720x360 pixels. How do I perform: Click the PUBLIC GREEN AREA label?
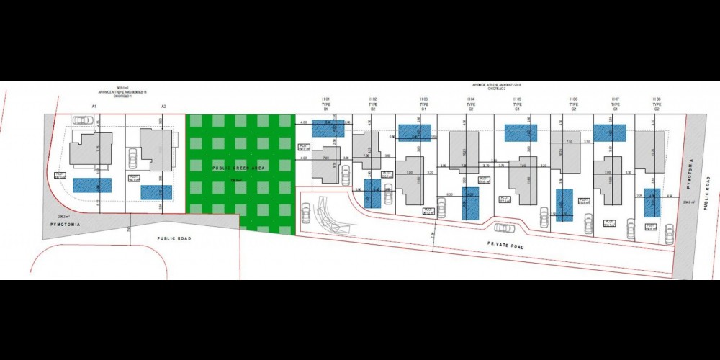point(238,167)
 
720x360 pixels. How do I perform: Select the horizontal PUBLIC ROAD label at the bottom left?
point(174,237)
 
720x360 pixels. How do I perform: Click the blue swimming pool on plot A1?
point(92,185)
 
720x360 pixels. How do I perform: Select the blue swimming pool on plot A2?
point(156,192)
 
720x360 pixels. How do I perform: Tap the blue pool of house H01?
point(328,128)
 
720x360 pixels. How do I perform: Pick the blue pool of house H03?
point(415,132)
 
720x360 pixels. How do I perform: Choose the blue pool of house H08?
point(652,203)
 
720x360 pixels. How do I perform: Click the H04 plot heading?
point(471,102)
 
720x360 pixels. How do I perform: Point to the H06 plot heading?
point(573,102)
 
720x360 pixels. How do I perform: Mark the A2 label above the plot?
point(163,107)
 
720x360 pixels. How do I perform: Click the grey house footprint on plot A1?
point(91,149)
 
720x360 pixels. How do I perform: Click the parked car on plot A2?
point(132,158)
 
